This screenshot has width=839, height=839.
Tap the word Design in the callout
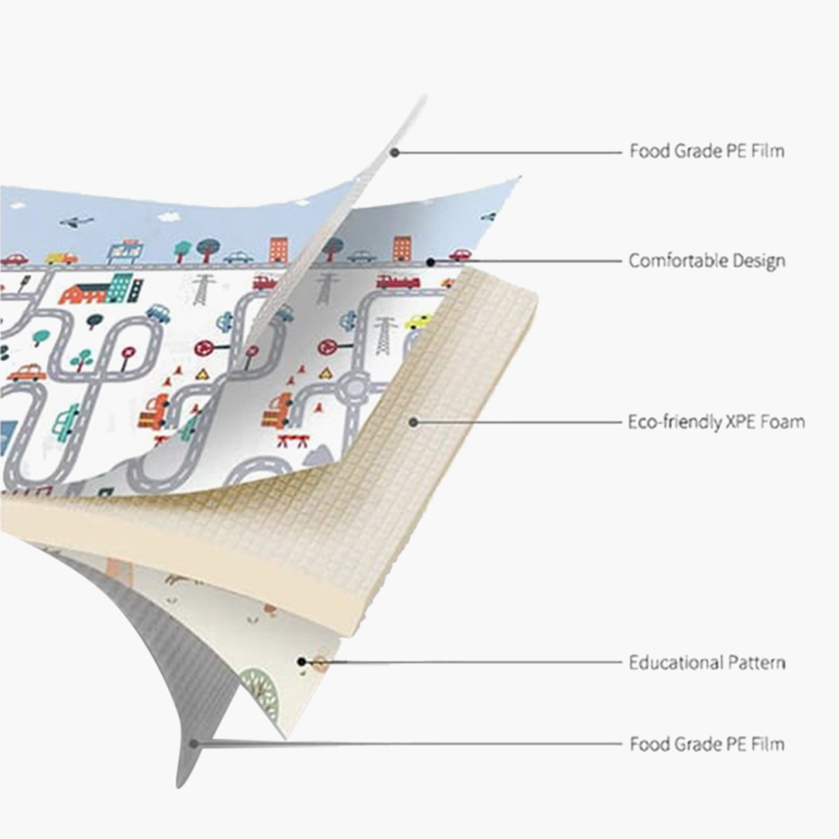click(x=759, y=261)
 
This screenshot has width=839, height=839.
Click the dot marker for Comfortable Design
click(x=431, y=262)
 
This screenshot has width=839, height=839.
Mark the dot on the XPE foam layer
click(x=414, y=422)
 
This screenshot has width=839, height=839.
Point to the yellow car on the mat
click(x=419, y=322)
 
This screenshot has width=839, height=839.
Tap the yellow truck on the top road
click(x=61, y=257)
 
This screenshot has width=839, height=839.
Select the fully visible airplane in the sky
click(x=77, y=221)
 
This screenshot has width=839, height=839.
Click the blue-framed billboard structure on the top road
click(x=125, y=251)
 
